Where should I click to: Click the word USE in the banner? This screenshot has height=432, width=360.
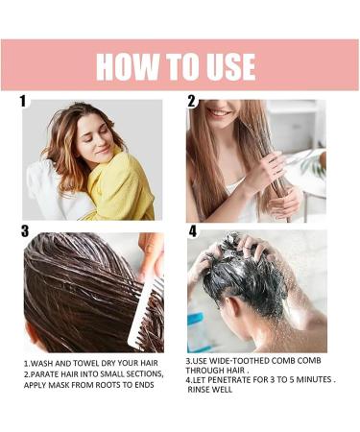tap(226, 66)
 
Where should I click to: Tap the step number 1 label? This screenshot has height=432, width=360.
tap(24, 101)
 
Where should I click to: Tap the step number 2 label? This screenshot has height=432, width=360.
tap(192, 101)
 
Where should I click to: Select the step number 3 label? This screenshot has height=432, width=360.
tap(26, 230)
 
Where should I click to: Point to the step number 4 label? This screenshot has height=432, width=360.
tap(192, 230)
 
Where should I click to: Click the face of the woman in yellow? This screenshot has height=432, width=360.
tap(95, 140)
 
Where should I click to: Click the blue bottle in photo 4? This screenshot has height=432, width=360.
tap(199, 331)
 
